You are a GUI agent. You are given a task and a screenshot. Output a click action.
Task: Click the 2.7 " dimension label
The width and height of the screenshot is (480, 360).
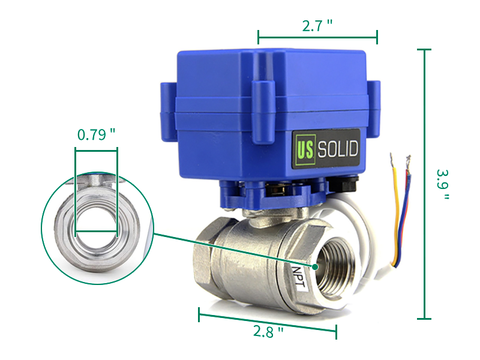point(317,26)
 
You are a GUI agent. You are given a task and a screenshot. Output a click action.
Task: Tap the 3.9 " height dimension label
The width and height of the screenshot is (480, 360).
point(442,184)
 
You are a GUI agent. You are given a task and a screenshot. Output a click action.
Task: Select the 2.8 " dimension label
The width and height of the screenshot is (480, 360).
point(268,332)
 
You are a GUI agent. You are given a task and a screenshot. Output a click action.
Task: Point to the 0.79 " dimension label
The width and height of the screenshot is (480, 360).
point(96,134)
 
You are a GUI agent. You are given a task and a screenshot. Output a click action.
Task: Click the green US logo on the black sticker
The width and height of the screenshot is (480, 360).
point(305,149)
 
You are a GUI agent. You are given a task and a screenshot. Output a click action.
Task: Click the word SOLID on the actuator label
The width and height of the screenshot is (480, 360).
point(338,149)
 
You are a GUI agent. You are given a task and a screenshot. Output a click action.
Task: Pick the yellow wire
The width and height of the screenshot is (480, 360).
point(397,214)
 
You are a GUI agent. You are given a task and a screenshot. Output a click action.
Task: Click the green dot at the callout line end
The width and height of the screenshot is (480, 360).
point(315,267)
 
